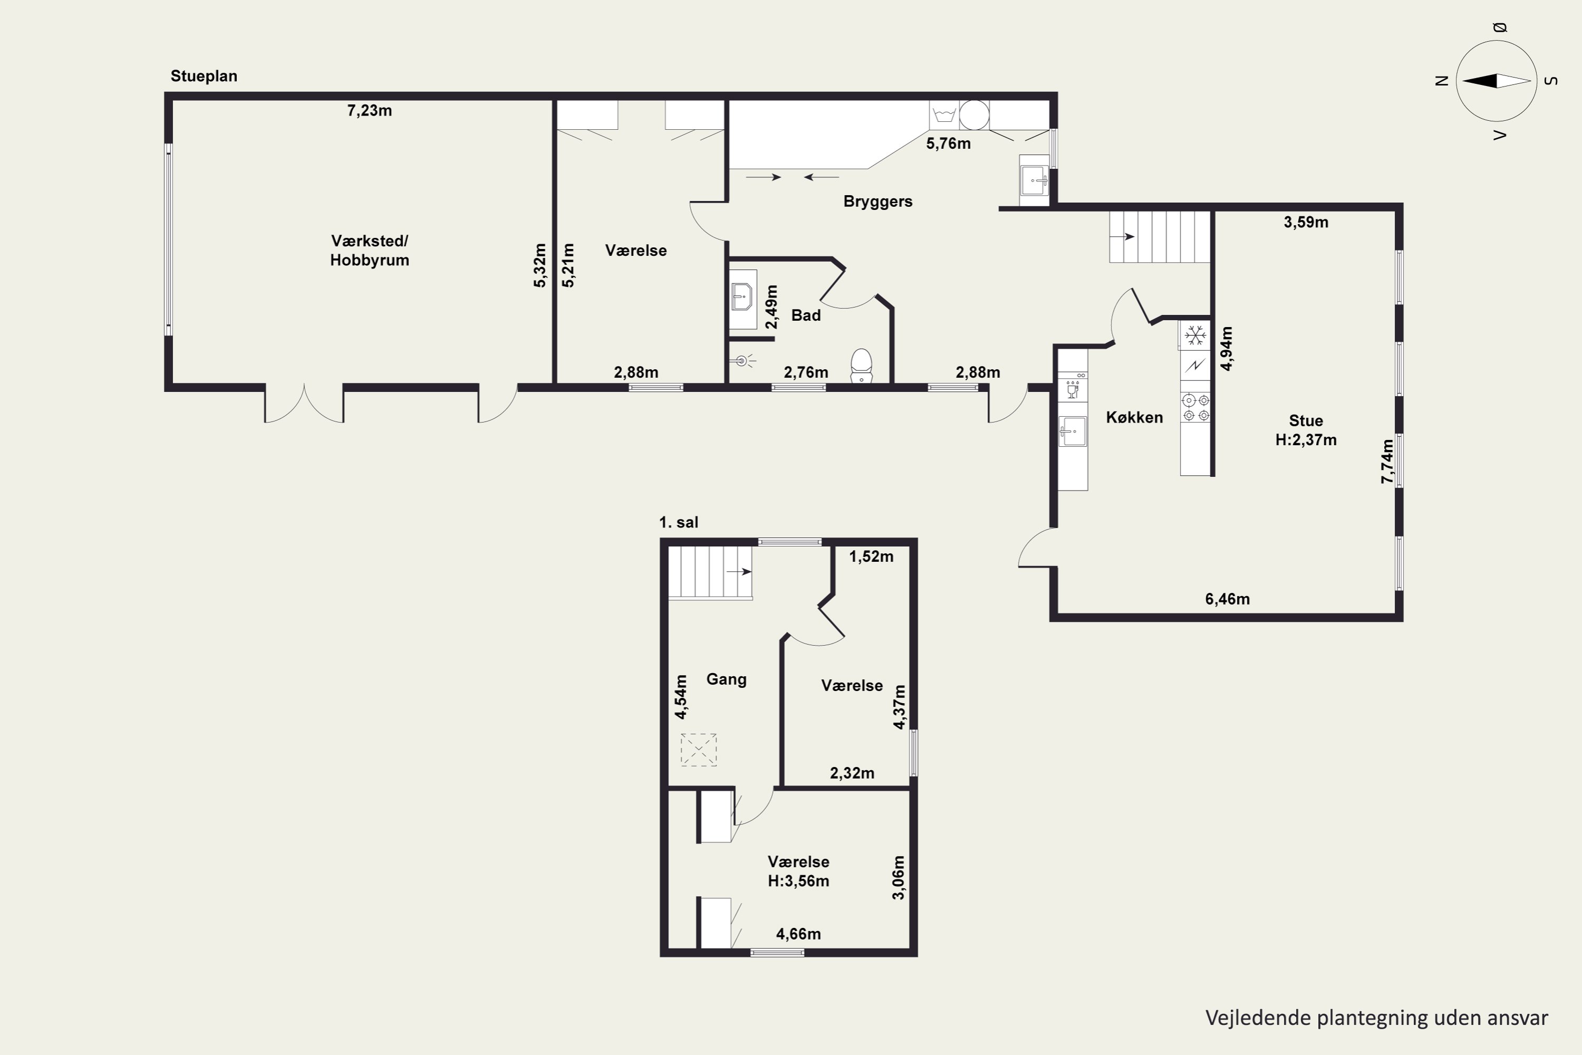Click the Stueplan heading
204,76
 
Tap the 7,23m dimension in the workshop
369,111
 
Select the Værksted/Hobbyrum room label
369,250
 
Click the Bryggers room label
878,201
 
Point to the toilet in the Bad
861,366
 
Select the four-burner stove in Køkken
1195,408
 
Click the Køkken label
1134,418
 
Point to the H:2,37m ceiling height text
1306,440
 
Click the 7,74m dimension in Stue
1387,461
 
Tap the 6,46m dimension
1228,599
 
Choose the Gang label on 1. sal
727,679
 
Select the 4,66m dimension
798,934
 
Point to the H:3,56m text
798,881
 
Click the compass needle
1497,81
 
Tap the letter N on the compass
1441,81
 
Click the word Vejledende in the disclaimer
1258,1018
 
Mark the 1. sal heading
679,522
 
